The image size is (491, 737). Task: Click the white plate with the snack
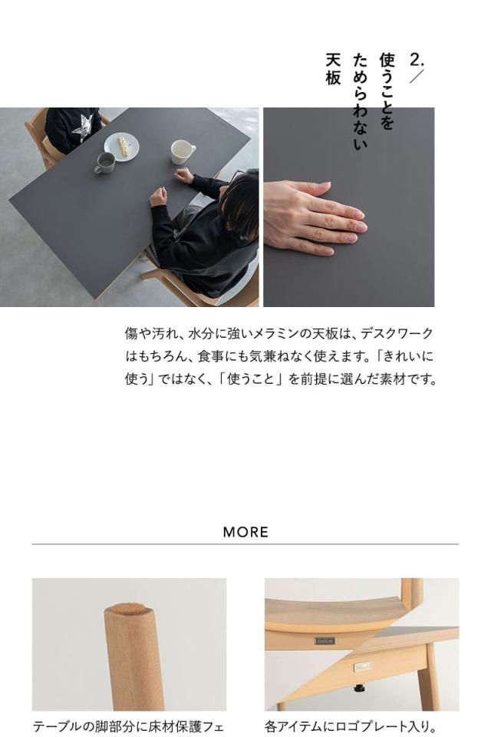tap(121, 145)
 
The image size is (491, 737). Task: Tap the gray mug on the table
tap(104, 163)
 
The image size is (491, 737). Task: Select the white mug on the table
tap(182, 151)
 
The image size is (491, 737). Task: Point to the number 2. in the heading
tap(417, 60)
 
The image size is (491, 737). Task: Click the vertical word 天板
tap(333, 69)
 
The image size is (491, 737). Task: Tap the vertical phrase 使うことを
tap(387, 91)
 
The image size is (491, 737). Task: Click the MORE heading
tap(245, 532)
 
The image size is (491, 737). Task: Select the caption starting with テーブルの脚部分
tap(129, 725)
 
